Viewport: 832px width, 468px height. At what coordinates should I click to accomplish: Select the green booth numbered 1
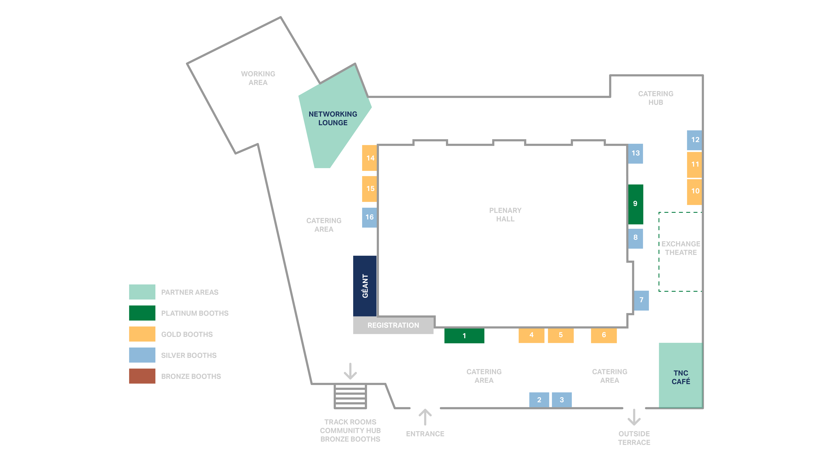pyautogui.click(x=464, y=336)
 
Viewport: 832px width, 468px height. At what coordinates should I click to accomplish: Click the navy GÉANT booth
pyautogui.click(x=365, y=286)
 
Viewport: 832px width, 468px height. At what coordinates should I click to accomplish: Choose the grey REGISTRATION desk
pyautogui.click(x=393, y=325)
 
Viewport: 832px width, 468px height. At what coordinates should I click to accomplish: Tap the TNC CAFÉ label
pyautogui.click(x=680, y=377)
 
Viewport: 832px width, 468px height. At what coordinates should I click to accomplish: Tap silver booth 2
pyautogui.click(x=539, y=400)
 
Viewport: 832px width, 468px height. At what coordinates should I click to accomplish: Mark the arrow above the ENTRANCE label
pyautogui.click(x=425, y=417)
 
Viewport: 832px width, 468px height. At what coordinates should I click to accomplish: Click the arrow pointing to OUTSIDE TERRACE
pyautogui.click(x=634, y=417)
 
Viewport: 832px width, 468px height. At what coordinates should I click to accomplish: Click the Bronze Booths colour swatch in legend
pyautogui.click(x=142, y=376)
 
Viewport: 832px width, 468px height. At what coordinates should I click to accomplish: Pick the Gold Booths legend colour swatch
pyautogui.click(x=142, y=334)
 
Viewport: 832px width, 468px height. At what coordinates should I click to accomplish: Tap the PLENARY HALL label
pyautogui.click(x=505, y=215)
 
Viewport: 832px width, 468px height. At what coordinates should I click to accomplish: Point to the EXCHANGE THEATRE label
pyautogui.click(x=680, y=248)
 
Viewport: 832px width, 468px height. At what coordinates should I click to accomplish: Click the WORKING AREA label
pyautogui.click(x=258, y=78)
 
